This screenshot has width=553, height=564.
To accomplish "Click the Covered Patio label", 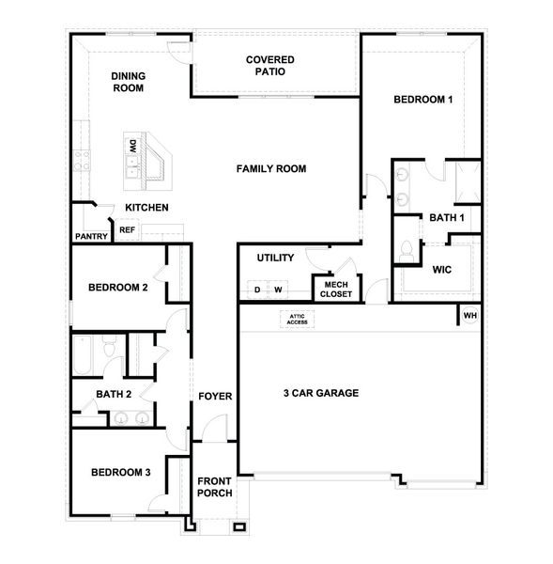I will click(x=269, y=65).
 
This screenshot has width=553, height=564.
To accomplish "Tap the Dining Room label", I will click(x=127, y=82).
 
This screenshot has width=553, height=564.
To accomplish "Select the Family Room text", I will click(x=271, y=169).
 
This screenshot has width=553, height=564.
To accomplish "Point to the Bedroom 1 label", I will click(x=423, y=100).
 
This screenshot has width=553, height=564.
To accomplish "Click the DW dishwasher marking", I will click(x=133, y=146).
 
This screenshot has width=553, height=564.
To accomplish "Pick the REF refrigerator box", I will click(x=127, y=229).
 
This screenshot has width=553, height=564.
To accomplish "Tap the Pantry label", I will click(x=91, y=237).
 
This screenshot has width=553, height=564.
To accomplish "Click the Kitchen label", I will click(x=147, y=207).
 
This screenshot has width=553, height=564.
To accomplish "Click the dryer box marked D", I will click(x=256, y=290).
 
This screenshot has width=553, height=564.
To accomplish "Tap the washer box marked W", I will click(x=279, y=290).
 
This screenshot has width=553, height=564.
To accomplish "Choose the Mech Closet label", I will click(x=335, y=289).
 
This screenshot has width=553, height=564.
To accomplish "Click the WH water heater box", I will click(x=469, y=315).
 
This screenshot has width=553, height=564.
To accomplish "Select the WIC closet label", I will click(x=442, y=270).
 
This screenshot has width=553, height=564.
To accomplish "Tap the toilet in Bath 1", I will click(x=407, y=251).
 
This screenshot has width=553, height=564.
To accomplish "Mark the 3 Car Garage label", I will click(x=321, y=393).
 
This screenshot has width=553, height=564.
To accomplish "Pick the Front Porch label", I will click(x=214, y=488).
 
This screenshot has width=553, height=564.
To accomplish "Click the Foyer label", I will click(x=215, y=397).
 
